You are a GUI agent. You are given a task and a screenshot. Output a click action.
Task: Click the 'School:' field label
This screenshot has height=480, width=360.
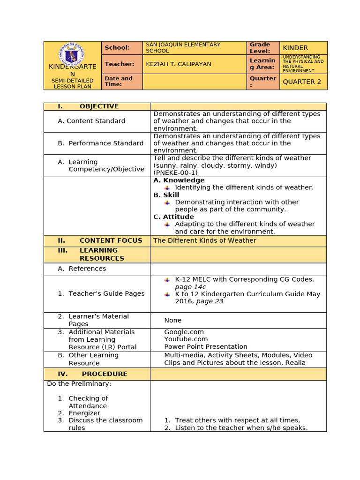point(117,47)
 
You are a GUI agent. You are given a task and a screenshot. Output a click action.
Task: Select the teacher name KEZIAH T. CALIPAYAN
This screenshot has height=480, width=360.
point(179,64)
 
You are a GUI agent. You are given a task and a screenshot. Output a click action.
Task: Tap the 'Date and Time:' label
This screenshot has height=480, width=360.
point(118,81)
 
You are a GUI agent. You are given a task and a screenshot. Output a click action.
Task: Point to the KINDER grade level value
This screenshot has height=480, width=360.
point(295,48)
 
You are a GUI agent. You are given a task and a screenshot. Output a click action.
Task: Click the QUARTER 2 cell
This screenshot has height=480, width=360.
point(302,82)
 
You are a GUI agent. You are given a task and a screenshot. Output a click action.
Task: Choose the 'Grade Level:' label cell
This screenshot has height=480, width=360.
point(260,48)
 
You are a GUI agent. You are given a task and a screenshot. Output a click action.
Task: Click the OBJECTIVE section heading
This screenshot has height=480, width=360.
point(99,106)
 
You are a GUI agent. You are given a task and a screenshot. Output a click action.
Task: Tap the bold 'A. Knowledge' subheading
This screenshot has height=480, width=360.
point(179,180)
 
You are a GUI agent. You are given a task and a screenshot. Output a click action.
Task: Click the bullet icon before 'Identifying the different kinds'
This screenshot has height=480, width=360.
point(167,187)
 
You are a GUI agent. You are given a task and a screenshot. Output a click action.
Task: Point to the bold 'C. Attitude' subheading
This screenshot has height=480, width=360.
point(173,217)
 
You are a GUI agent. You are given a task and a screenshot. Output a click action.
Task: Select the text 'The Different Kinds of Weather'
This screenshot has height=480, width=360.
point(205,240)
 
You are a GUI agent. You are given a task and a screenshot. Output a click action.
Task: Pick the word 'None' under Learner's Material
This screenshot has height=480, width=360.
point(172,320)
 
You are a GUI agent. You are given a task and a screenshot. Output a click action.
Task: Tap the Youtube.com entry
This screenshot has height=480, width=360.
point(186,339)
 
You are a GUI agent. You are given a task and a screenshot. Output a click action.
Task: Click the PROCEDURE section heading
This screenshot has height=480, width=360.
point(104,374)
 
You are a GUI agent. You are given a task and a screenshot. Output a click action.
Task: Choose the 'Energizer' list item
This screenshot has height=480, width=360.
point(84,413)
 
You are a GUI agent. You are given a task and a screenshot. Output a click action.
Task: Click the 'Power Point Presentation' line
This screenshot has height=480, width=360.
point(205,347)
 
